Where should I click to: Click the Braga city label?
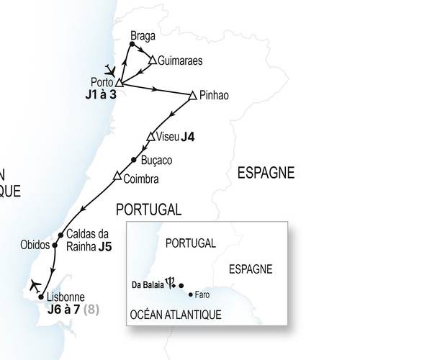tap(144, 34)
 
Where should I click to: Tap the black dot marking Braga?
tap(131, 45)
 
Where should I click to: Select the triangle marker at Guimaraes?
tap(152, 60)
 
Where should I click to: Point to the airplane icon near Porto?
tap(109, 70)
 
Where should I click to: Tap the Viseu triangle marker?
tap(150, 137)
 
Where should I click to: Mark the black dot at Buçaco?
tap(134, 160)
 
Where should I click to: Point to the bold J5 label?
tap(105, 246)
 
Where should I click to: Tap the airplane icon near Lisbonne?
tap(32, 284)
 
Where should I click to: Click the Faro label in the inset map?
tap(202, 295)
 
